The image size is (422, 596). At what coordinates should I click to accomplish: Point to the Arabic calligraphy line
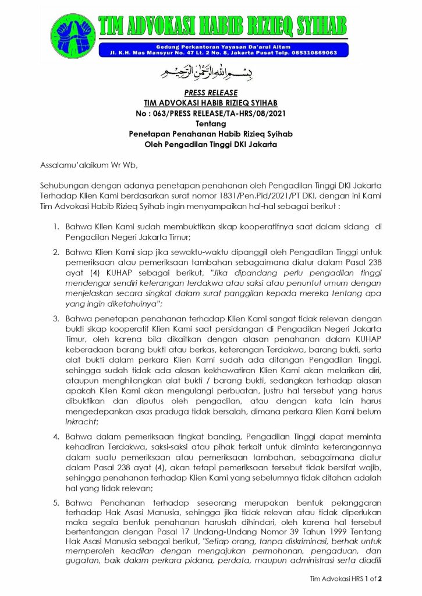pos(210,74)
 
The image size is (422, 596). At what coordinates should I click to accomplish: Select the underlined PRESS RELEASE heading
pos(211,93)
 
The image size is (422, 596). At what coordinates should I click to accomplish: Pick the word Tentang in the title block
pos(211,123)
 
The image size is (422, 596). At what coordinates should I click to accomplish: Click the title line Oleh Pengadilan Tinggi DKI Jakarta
pos(211,144)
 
